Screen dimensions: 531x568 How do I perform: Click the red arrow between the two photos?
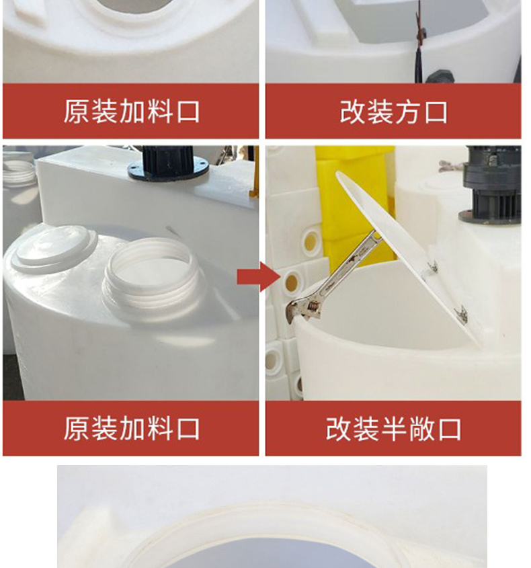[259, 277]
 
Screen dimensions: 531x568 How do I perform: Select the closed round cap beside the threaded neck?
[54, 248]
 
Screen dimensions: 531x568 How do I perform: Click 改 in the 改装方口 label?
[352, 112]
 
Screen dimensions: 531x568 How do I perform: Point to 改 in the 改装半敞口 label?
[338, 429]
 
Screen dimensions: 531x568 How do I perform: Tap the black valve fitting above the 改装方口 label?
[439, 76]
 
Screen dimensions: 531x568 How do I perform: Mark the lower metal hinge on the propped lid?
[461, 315]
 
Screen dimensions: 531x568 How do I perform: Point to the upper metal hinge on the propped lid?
[432, 268]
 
